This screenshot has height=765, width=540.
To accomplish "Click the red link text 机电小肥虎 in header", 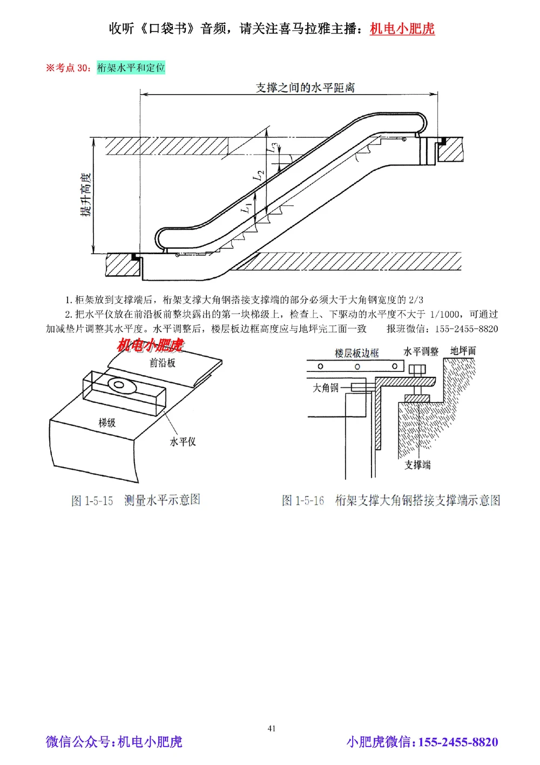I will click(x=402, y=28).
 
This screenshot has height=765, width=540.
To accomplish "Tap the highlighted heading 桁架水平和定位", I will click(x=131, y=68).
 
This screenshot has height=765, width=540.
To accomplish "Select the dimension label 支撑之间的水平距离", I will click(x=305, y=88).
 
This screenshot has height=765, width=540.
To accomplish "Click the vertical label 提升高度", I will click(x=86, y=195).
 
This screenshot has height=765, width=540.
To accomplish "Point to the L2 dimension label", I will click(x=260, y=174).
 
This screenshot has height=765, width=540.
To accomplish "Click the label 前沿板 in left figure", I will click(x=162, y=363).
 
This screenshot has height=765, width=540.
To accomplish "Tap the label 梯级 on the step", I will click(x=107, y=422).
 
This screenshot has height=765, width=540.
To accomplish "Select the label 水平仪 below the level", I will click(x=183, y=442).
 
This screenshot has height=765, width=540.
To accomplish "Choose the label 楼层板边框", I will click(x=356, y=353).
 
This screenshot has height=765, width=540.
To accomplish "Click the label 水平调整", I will click(x=421, y=351).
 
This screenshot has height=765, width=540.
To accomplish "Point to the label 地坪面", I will click(x=463, y=351).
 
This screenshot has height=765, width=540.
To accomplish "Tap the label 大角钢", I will click(x=326, y=388).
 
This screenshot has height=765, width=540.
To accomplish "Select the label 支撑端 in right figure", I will click(x=417, y=465).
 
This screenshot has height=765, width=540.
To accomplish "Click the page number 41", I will click(x=272, y=728).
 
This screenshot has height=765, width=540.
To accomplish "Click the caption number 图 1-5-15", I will click(x=92, y=501).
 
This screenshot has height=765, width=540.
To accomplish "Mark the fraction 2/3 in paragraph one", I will click(x=416, y=300).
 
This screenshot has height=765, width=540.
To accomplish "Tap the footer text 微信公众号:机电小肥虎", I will click(x=114, y=742).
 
